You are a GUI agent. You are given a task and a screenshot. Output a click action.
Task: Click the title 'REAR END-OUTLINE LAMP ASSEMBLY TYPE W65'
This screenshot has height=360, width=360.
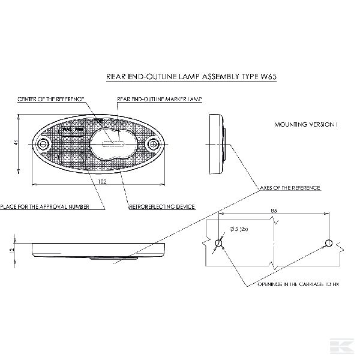[x=191, y=77]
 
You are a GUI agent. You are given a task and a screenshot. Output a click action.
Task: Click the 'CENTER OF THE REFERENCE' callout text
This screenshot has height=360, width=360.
[x=50, y=98]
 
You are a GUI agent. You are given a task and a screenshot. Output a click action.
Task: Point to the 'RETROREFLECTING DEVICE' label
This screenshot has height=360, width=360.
[x=161, y=207]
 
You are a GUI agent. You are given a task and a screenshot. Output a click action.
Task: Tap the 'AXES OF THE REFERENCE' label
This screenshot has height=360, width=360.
[x=290, y=188]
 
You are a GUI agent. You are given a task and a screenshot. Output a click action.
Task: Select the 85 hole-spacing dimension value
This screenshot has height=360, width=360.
[x=274, y=211]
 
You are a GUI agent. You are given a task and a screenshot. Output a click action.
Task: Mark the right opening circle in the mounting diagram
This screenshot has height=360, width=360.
[x=328, y=242]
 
